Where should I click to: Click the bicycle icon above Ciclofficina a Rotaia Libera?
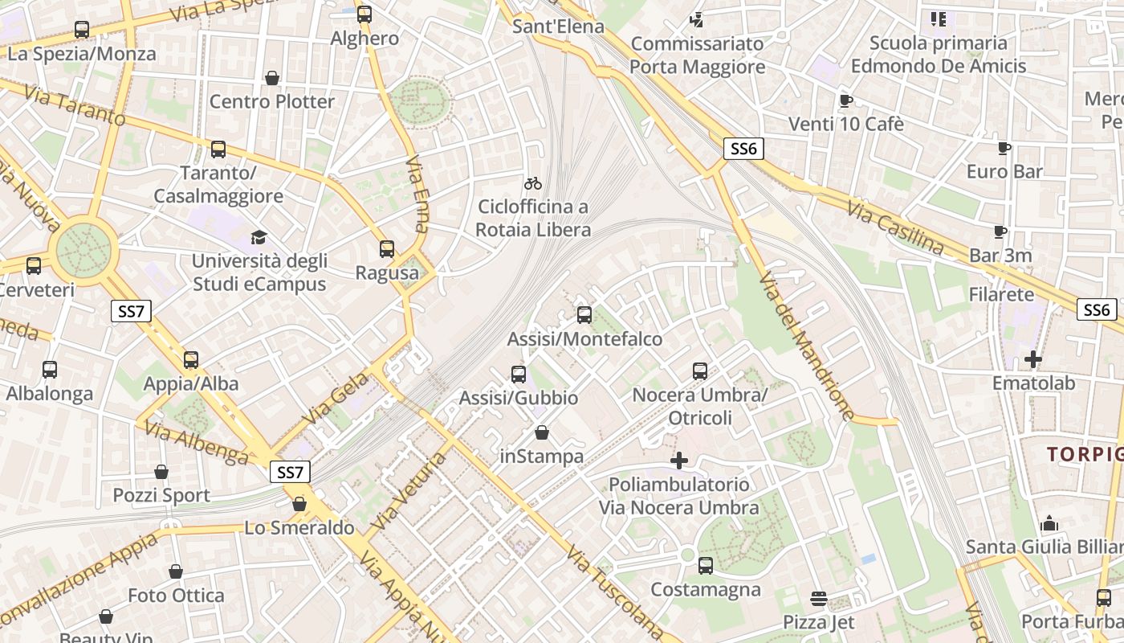[x=532, y=183]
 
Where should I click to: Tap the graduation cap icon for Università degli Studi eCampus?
[x=259, y=237]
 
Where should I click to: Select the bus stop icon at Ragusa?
[x=387, y=249]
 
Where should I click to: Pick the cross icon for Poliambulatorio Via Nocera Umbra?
[x=679, y=461]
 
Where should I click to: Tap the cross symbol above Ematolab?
[x=1033, y=359]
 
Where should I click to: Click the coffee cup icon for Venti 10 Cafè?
[x=845, y=100]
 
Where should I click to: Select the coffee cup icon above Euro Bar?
[x=1004, y=148]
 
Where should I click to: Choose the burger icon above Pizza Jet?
[x=819, y=598]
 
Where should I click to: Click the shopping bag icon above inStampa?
[x=542, y=433]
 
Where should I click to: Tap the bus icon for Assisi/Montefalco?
[x=584, y=315]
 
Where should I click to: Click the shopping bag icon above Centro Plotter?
[x=272, y=78]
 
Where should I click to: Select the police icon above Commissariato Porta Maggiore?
[x=697, y=19]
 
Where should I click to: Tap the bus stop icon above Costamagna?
[x=706, y=566]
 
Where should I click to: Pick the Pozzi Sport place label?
[x=161, y=495]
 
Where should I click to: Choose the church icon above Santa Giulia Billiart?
[x=1049, y=524]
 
